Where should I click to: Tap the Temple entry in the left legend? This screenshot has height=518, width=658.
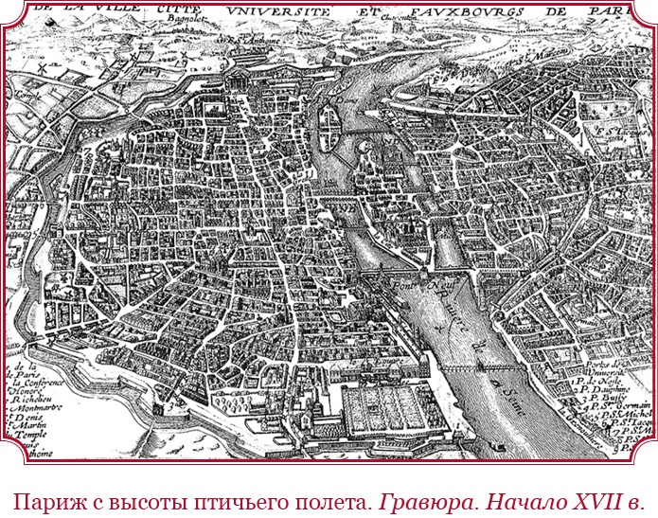click(31, 426)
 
